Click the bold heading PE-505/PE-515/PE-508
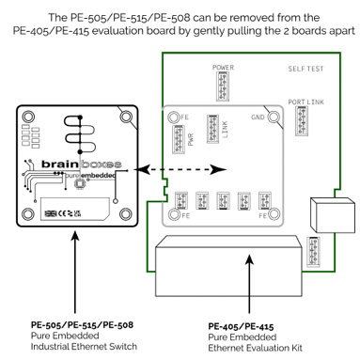tap(75, 324)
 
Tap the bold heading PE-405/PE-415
tap(239, 324)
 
